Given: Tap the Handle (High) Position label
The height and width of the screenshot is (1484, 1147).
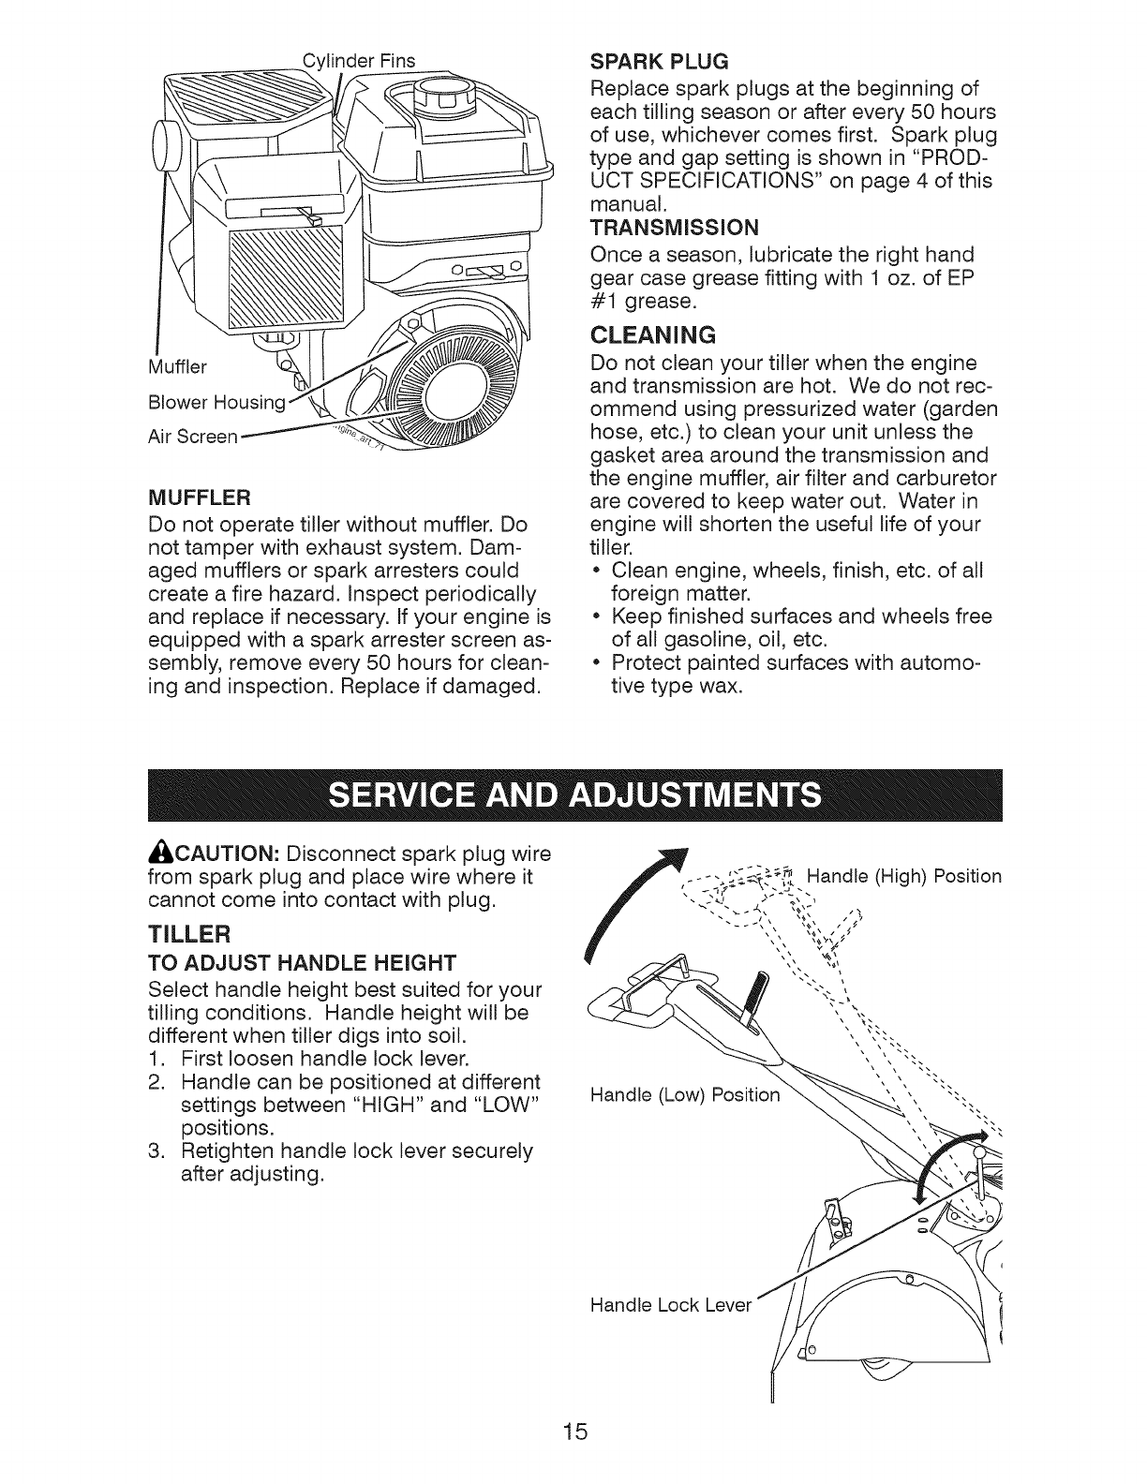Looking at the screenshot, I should coord(903,877).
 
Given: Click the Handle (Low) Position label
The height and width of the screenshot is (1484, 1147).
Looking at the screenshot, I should coord(685,1095).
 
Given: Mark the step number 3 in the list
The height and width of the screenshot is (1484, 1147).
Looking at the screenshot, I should coord(156,1150).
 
